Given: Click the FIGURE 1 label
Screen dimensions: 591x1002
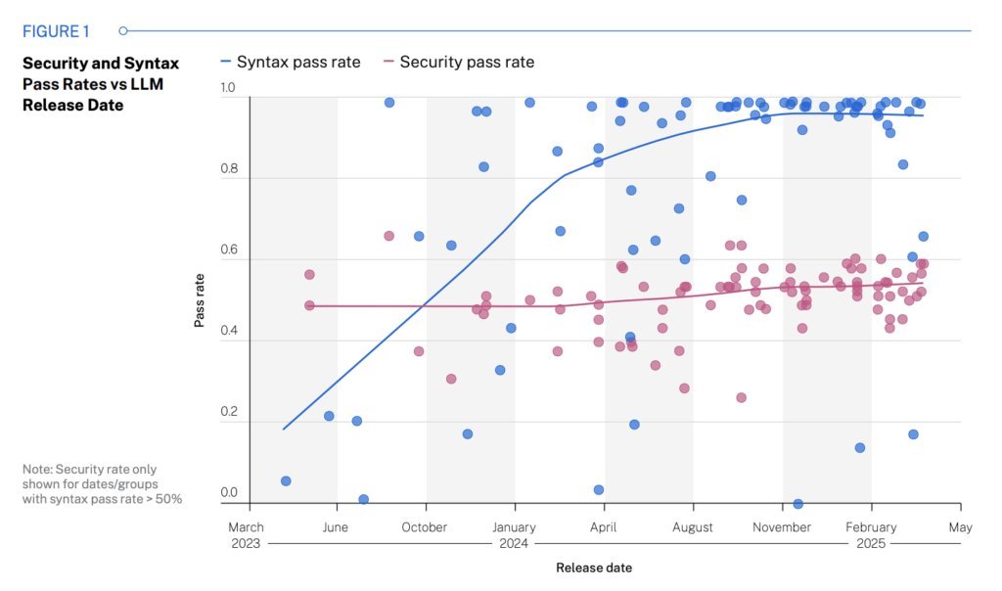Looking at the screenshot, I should [x=56, y=31].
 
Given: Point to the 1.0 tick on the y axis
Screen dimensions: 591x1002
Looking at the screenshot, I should [x=228, y=89].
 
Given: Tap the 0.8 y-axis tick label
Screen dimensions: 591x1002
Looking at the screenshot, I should [x=228, y=169].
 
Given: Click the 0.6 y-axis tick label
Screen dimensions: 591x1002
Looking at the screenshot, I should [x=228, y=250].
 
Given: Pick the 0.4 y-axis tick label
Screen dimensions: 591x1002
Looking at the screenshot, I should [x=228, y=331].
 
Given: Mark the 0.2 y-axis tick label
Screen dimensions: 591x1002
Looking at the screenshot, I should [x=228, y=412].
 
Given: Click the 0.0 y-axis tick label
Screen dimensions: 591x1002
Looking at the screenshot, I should [x=228, y=493].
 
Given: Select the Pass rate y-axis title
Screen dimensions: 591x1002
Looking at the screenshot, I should [x=200, y=299].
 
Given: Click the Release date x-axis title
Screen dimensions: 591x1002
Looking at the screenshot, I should [x=594, y=568].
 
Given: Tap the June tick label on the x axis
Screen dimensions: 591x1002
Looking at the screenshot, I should [x=337, y=527].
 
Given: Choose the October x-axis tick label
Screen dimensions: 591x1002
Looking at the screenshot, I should [x=426, y=527].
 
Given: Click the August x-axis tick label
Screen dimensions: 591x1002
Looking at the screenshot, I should [x=693, y=527].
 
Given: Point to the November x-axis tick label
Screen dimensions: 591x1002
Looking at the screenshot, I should [x=782, y=527].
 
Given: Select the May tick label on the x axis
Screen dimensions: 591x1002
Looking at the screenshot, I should [x=960, y=527].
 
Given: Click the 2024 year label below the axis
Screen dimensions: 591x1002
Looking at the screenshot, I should [x=514, y=543].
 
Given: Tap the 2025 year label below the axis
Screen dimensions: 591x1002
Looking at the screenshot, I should [x=870, y=543].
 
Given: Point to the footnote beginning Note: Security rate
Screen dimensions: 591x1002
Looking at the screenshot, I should [x=102, y=484].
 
